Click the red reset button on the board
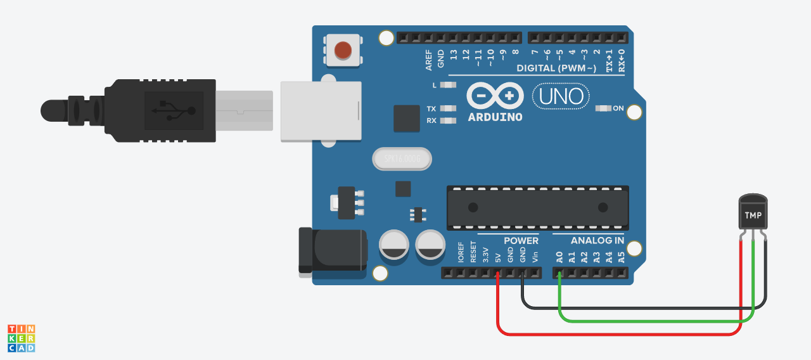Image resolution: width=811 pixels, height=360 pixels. click(x=343, y=50)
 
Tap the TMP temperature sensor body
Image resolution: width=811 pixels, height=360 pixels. click(x=753, y=214)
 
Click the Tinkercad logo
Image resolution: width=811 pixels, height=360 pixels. click(x=21, y=338)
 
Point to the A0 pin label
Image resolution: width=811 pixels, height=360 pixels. click(x=559, y=257)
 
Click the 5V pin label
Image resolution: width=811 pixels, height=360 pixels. click(x=498, y=258)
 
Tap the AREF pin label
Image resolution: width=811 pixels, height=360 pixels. click(x=429, y=60)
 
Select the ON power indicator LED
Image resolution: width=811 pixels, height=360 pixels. click(x=603, y=108)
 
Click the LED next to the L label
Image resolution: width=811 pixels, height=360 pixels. click(x=449, y=85)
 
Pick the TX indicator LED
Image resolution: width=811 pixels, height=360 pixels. click(x=449, y=108)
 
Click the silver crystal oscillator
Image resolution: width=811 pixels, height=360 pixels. click(x=402, y=158)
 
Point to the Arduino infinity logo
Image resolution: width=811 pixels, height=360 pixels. click(x=495, y=96)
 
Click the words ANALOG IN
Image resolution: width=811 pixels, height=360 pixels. click(x=597, y=241)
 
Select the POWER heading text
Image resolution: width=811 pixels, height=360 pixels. click(x=521, y=241)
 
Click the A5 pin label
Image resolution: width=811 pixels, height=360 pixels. click(x=622, y=257)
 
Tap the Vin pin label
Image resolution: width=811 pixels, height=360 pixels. click(x=535, y=257)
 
